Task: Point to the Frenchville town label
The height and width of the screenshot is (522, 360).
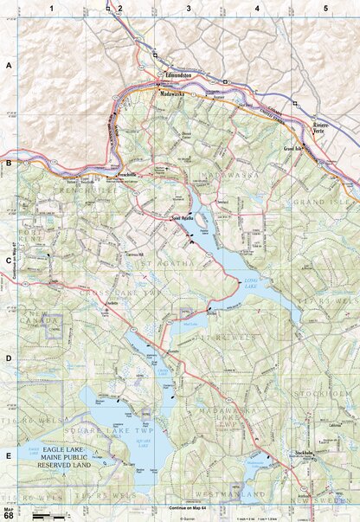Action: (117, 175)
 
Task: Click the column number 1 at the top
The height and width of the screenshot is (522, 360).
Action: (52, 8)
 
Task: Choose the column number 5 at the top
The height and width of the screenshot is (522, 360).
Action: (326, 8)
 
